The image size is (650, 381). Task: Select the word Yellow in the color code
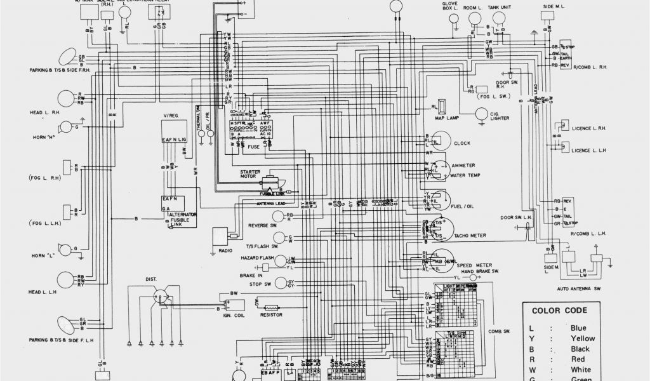(583, 338)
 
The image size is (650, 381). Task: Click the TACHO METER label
(470, 235)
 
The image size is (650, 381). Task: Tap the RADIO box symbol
(220, 236)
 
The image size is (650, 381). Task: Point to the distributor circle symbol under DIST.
(161, 296)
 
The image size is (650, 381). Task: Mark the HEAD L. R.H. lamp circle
(65, 98)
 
